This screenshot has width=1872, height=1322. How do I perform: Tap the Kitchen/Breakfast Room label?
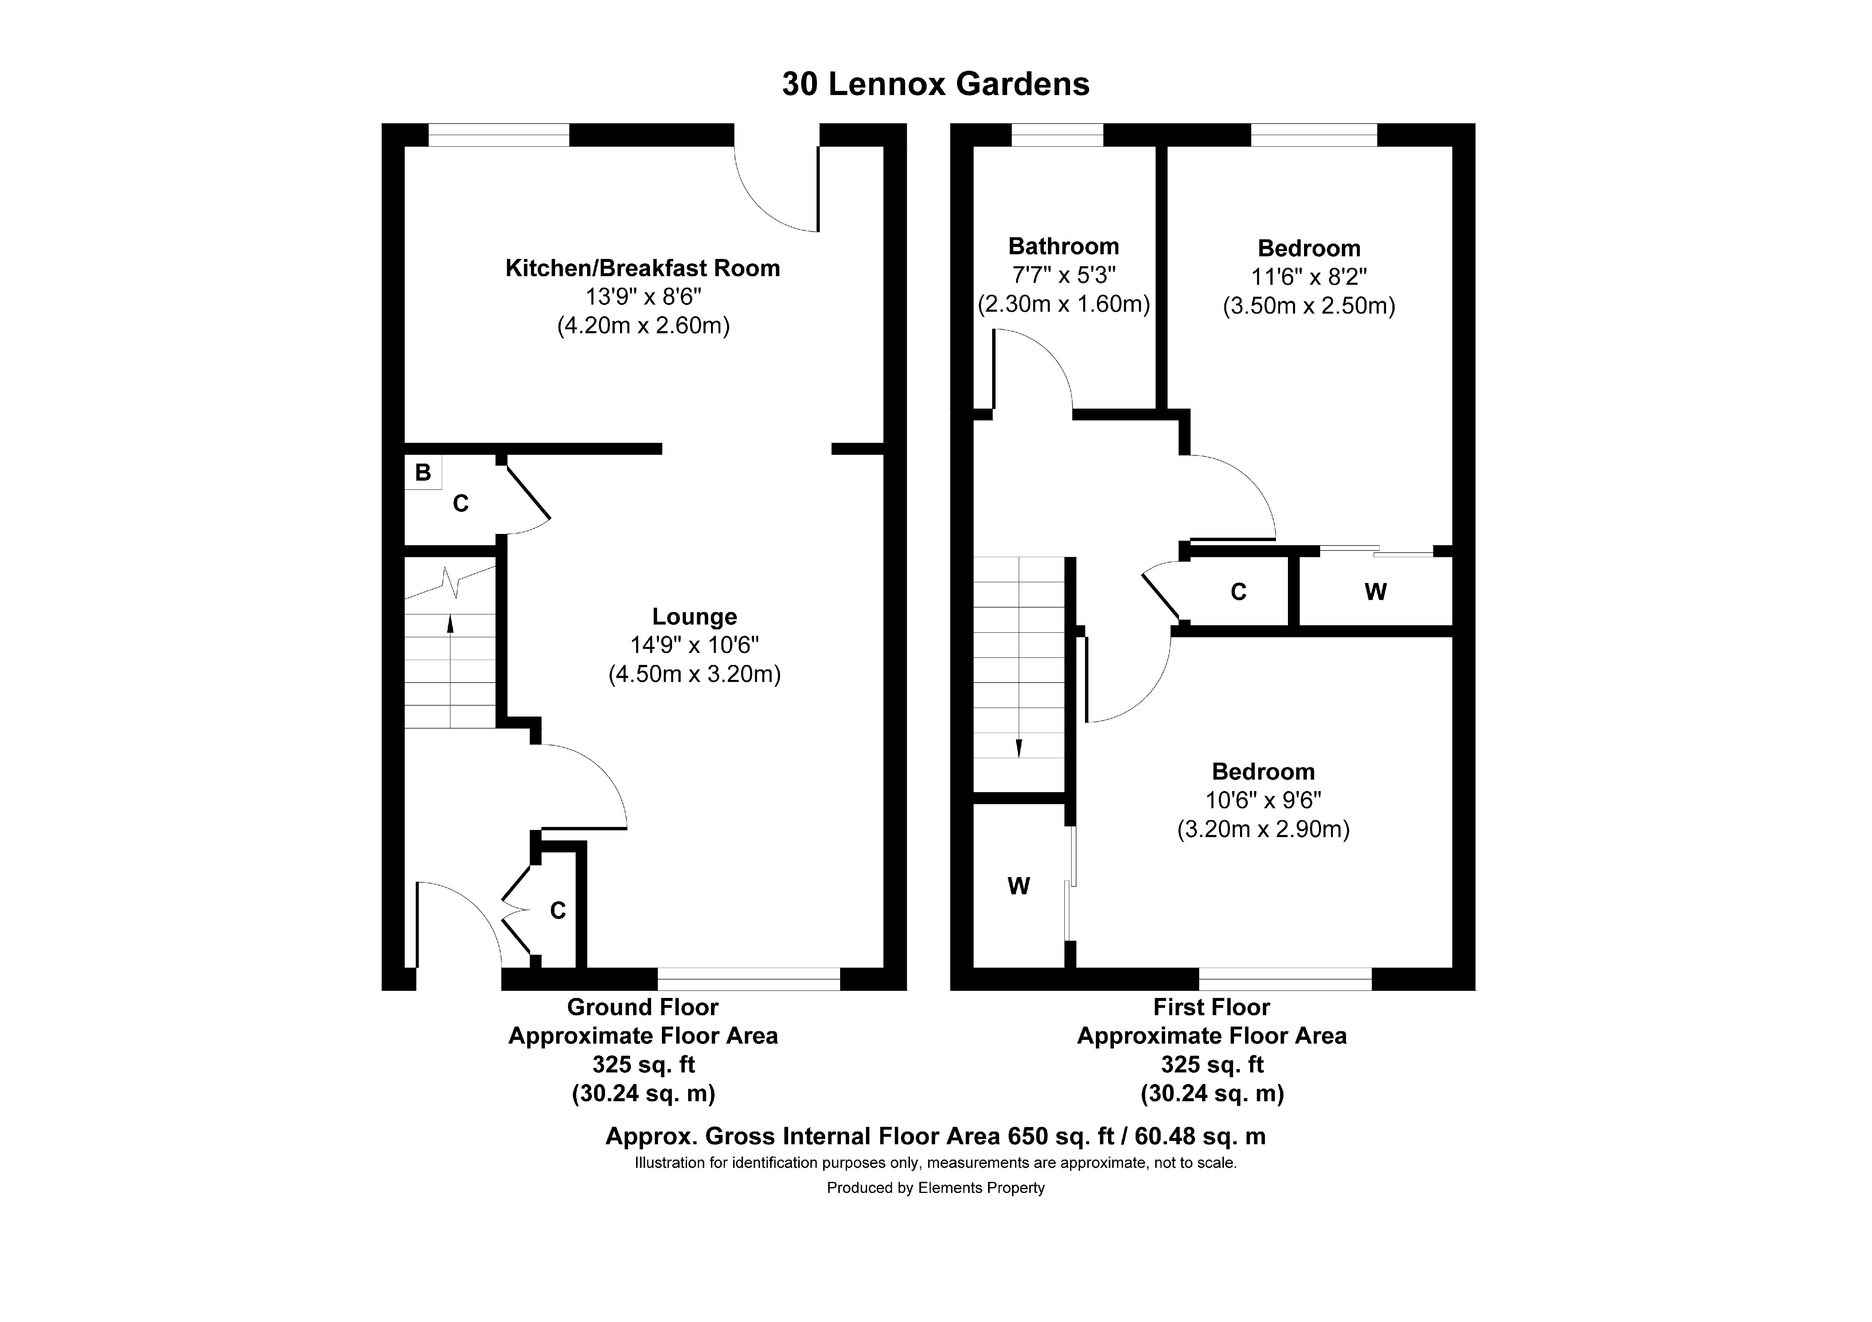642,268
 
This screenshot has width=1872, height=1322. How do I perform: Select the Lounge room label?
694,617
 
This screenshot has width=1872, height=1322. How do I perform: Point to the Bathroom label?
1063,246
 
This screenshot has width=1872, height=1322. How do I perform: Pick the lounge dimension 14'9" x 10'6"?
694,645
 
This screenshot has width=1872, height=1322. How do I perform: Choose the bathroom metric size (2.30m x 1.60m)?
1063,304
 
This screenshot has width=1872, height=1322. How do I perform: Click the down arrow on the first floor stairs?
1018,747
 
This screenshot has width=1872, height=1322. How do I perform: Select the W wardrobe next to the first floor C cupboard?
1376,592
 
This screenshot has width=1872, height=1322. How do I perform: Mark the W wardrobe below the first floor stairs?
1018,886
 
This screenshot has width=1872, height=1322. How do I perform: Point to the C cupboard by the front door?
558,910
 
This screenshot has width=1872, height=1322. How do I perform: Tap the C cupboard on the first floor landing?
1238,592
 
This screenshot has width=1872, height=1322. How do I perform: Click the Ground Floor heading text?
642,1007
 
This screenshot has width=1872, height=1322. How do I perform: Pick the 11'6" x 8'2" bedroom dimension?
1309,277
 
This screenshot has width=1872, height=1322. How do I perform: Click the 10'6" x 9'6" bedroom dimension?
1263,800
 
